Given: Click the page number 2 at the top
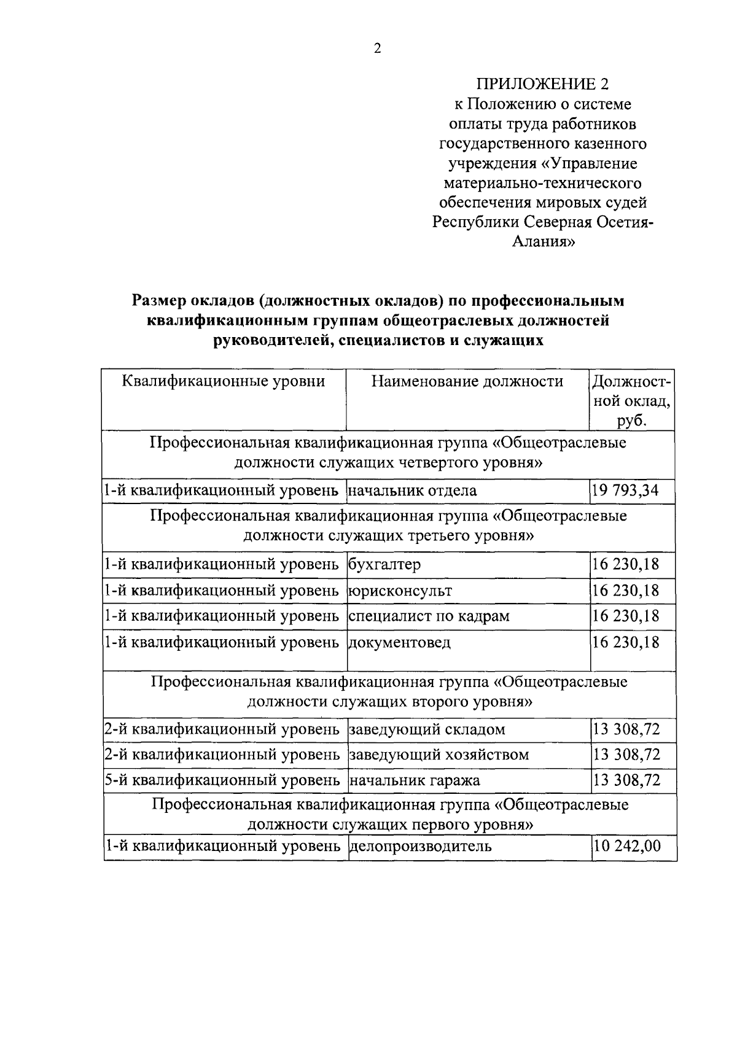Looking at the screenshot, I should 377,49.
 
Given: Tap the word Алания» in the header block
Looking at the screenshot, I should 544,241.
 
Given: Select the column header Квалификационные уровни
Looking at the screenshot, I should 224,382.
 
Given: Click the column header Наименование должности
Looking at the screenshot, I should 467,382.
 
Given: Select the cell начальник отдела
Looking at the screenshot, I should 413,491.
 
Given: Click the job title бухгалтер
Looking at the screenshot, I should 385,564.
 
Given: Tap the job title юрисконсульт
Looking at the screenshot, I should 400,591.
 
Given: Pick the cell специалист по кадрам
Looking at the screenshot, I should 429,616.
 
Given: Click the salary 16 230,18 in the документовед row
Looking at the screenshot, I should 625,642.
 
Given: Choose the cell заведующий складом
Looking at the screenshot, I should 427,729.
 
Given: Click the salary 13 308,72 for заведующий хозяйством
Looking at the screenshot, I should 626,755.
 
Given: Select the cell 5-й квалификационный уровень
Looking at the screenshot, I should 222,780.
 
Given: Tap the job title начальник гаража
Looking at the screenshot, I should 415,780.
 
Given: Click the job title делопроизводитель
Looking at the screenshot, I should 421,847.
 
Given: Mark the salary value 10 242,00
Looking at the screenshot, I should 627,847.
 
